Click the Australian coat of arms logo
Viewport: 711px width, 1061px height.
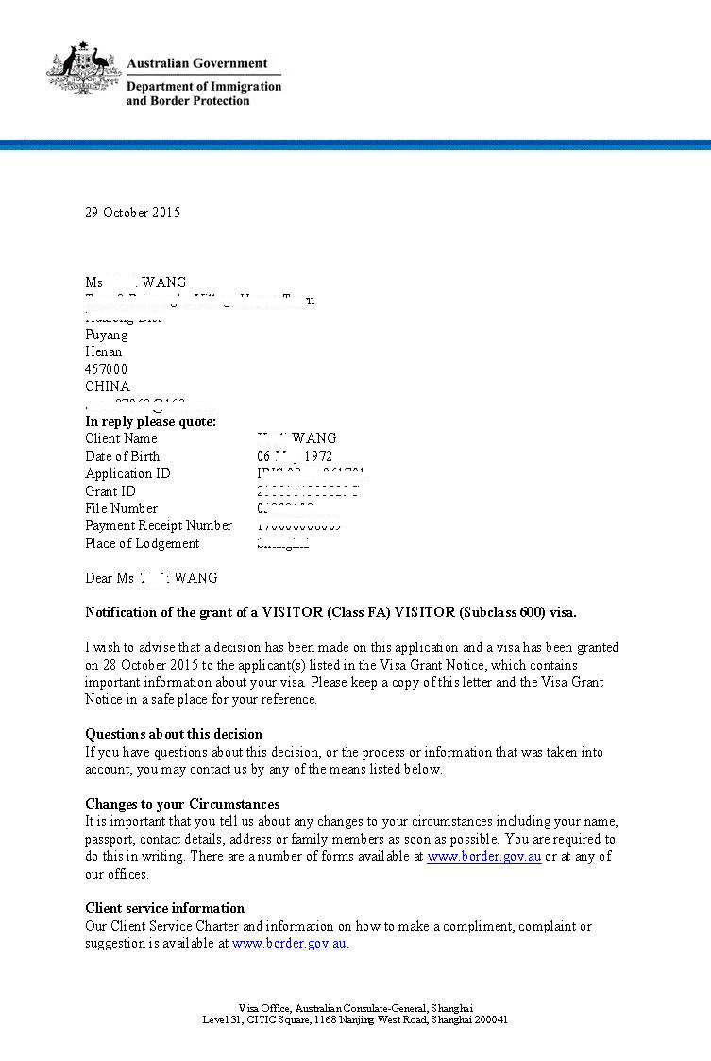[82, 68]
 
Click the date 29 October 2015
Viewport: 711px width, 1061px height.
[132, 213]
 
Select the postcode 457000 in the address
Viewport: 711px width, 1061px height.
[106, 369]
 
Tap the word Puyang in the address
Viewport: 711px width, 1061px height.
[106, 334]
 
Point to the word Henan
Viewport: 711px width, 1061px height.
[103, 351]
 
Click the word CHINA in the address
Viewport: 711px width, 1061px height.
[108, 386]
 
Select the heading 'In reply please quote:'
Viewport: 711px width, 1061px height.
[150, 421]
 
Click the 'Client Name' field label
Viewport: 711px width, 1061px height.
[121, 438]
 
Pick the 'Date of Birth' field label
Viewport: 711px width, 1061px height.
[123, 456]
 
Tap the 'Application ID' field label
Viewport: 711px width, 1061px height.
[127, 473]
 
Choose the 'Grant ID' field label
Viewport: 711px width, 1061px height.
[110, 491]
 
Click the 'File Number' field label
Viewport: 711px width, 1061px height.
[121, 508]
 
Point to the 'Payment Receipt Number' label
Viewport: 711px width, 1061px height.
[159, 525]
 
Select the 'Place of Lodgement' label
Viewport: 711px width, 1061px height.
[142, 543]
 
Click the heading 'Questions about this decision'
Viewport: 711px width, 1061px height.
[174, 734]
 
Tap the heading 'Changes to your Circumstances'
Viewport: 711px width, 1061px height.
[182, 804]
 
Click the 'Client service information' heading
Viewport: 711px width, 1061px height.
[164, 908]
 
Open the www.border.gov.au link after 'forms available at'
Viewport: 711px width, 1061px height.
[483, 857]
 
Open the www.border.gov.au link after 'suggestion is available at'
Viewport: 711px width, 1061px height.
[289, 943]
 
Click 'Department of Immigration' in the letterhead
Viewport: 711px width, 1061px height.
[204, 86]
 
